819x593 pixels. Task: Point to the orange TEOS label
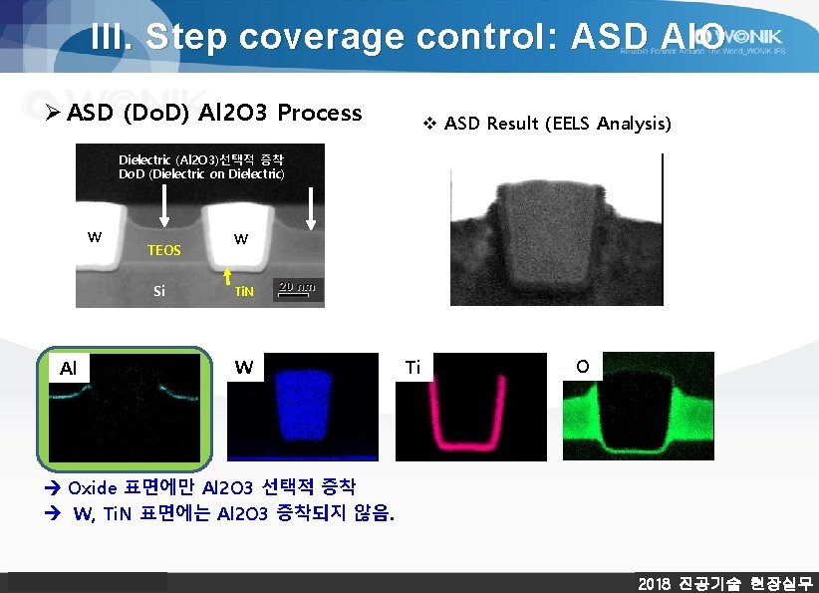tap(164, 250)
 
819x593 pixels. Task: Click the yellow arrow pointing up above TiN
tap(228, 274)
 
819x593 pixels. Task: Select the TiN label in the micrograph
tap(244, 292)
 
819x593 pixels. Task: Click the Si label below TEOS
tap(159, 292)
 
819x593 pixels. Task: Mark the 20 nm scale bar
tap(297, 289)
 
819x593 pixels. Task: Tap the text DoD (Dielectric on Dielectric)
tap(201, 174)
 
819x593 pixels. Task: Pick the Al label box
tap(68, 369)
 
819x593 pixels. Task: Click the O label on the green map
tap(582, 367)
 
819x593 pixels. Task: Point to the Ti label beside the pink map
tap(413, 368)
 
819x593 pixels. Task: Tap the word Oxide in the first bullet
tap(92, 488)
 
